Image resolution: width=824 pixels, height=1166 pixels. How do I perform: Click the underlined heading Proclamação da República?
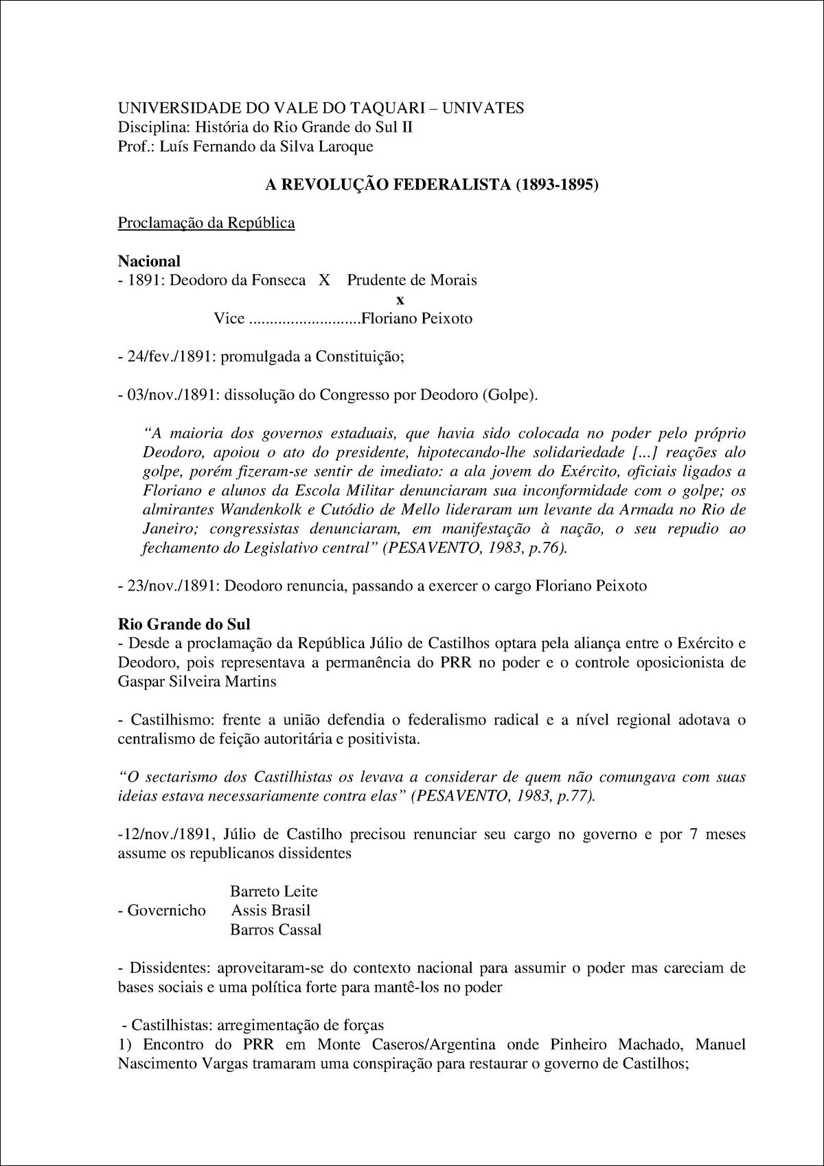[207, 223]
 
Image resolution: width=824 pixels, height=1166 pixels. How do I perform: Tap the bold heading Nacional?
[149, 261]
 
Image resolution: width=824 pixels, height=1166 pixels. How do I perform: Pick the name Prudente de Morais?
[412, 280]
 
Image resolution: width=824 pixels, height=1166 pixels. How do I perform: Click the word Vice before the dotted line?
[229, 319]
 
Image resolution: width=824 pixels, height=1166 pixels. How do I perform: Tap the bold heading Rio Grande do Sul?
[185, 624]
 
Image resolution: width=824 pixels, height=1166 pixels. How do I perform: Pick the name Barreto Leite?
[274, 891]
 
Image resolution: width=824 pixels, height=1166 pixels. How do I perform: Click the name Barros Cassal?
[276, 930]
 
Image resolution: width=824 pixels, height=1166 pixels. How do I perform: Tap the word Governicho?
[167, 911]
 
